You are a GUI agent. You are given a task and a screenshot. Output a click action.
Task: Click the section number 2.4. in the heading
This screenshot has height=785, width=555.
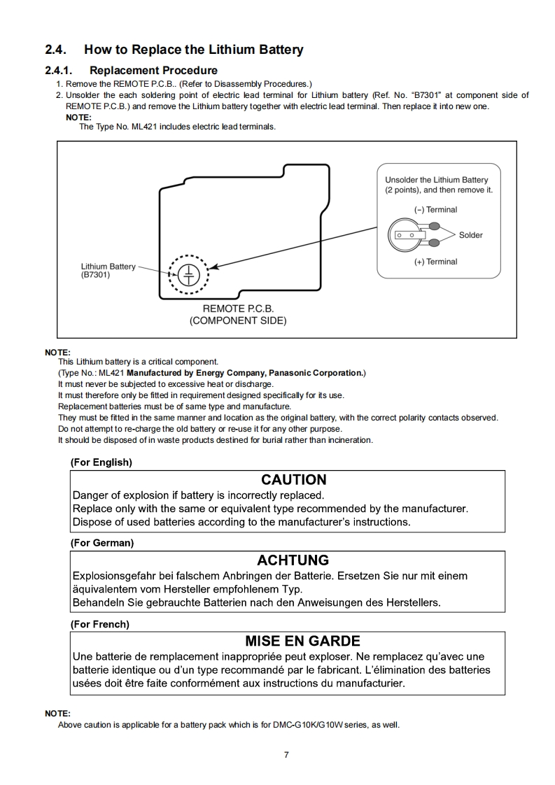[55, 50]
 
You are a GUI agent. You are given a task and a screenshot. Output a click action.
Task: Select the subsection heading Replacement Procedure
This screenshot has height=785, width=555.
[153, 70]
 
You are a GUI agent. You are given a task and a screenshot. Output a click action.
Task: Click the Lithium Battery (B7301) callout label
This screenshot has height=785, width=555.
[108, 270]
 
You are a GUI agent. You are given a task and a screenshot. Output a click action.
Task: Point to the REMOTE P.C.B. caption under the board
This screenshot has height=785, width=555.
[238, 309]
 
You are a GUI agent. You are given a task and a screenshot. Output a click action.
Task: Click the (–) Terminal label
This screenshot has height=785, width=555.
[435, 209]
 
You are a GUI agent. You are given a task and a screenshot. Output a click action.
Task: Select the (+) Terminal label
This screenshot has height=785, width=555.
[435, 262]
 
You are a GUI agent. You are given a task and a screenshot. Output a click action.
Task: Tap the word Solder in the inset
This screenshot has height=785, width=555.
[470, 235]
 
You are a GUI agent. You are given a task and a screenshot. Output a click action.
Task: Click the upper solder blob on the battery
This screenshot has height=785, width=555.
[434, 226]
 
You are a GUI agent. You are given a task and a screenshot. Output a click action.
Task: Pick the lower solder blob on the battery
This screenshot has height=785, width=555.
[434, 243]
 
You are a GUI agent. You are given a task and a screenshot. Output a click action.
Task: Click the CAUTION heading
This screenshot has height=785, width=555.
[293, 480]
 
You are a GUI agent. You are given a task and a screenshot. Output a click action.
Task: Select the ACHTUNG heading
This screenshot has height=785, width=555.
[293, 560]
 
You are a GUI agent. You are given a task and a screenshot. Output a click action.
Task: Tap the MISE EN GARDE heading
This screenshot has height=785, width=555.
[302, 641]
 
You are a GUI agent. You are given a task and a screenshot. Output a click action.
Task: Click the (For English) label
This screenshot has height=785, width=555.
[101, 462]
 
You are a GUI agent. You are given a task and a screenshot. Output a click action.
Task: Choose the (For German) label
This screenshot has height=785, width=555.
[101, 543]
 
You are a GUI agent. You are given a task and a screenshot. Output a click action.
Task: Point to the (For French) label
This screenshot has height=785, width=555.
[99, 624]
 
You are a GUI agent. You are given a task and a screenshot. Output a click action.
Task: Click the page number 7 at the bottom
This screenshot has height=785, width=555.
[286, 754]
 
